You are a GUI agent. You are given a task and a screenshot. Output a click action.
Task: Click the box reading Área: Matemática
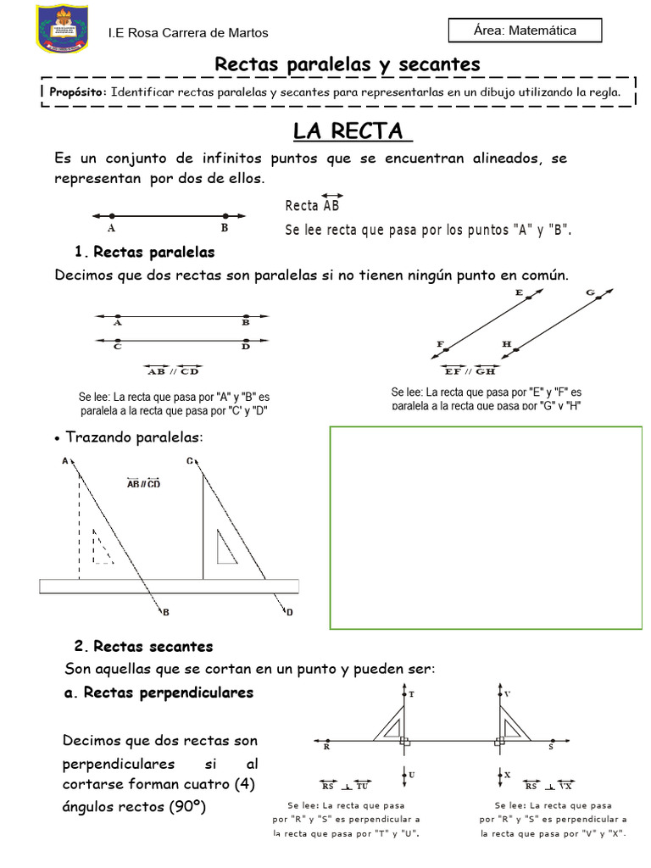(x=525, y=31)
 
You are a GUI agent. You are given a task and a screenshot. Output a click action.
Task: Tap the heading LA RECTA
(x=352, y=132)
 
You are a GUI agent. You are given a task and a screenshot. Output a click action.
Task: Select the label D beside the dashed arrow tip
(x=289, y=612)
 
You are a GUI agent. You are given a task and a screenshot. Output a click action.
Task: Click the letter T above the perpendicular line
(x=412, y=694)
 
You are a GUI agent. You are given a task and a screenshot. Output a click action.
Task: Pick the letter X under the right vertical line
(x=507, y=775)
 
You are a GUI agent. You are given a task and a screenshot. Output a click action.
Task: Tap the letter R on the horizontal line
(x=327, y=748)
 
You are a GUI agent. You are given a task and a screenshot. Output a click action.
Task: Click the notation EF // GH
(x=469, y=370)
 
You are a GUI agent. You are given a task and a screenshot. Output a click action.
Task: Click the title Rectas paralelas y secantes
(x=348, y=64)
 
